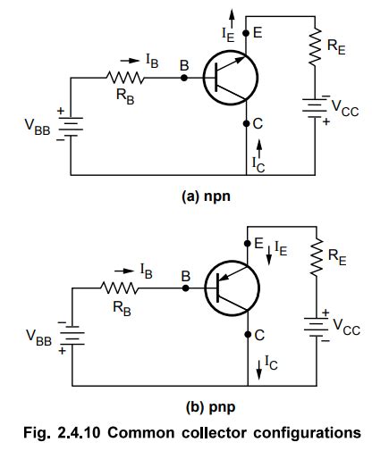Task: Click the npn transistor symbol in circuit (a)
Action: pyautogui.click(x=227, y=78)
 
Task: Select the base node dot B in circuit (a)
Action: pyautogui.click(x=184, y=78)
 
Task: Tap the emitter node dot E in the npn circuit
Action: pyautogui.click(x=247, y=31)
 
